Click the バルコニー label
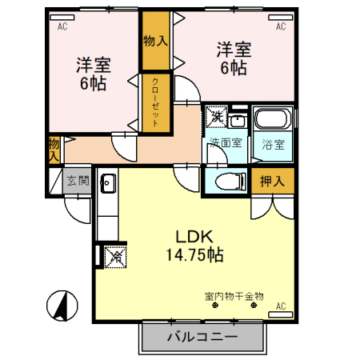(x=202, y=338)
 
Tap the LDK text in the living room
(x=194, y=238)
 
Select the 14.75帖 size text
(x=194, y=256)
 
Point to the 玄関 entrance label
(x=78, y=181)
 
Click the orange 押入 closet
(x=272, y=181)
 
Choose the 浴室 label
(x=272, y=145)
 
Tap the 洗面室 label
(x=226, y=143)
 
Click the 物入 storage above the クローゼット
(x=155, y=41)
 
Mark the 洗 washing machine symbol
(x=217, y=118)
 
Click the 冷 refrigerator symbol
(x=114, y=258)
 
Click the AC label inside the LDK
(x=281, y=306)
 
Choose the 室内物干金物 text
(x=233, y=296)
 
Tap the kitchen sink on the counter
(x=108, y=184)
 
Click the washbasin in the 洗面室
(x=238, y=121)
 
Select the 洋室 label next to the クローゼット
(x=94, y=73)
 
